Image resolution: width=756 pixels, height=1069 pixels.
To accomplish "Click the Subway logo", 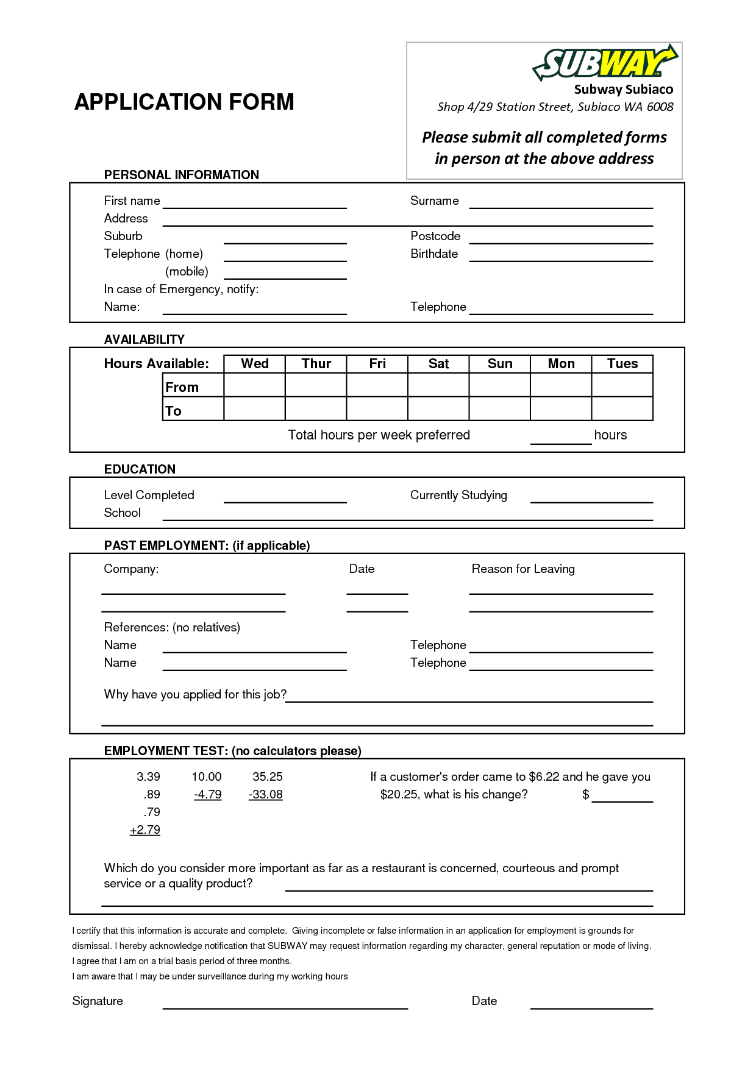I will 605,63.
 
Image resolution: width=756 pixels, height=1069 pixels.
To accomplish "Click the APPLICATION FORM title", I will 184,102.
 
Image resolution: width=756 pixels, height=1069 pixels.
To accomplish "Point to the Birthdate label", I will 434,254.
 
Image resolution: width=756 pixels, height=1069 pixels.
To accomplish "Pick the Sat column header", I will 438,364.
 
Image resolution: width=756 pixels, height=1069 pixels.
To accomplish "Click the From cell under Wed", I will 255,385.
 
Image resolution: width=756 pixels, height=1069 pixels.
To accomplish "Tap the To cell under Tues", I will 622,409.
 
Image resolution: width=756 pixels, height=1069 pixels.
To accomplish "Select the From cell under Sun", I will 500,385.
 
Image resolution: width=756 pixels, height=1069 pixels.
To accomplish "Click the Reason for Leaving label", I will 523,569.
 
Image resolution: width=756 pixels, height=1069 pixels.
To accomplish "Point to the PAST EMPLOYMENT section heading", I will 207,545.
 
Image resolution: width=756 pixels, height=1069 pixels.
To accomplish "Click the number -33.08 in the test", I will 266,795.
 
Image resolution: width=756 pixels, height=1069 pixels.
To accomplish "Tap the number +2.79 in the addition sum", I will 145,830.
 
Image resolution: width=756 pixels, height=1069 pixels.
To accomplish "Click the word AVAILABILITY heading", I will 144,339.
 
